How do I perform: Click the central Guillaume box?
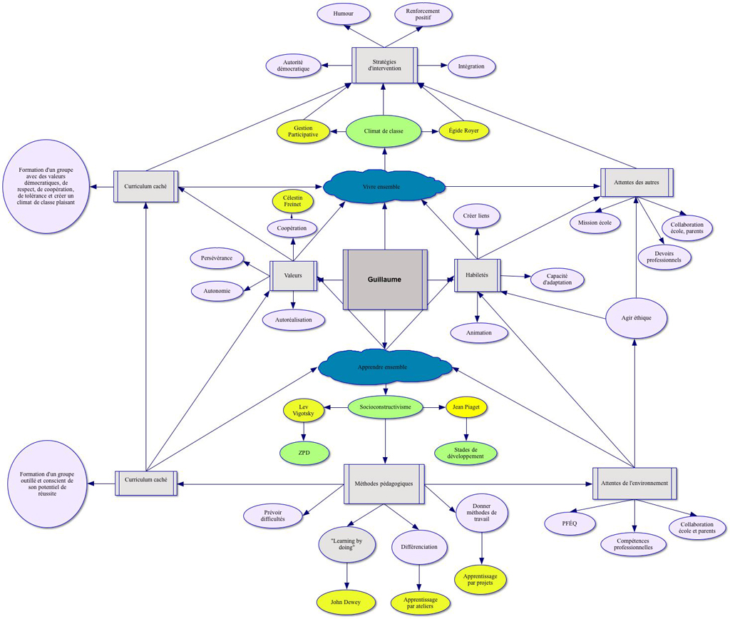point(385,280)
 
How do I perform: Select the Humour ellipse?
point(344,14)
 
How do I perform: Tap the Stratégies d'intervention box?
point(384,65)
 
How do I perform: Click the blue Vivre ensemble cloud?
point(384,187)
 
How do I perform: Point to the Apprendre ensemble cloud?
point(385,367)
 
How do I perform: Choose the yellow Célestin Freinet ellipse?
point(292,200)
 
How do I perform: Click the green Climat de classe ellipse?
point(384,132)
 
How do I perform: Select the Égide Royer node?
point(463,132)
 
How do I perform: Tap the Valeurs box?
point(293,275)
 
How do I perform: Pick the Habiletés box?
point(477,275)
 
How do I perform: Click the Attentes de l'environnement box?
point(634,483)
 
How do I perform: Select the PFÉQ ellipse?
point(570,523)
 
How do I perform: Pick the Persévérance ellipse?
point(217,257)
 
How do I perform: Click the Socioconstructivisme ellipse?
point(385,406)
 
